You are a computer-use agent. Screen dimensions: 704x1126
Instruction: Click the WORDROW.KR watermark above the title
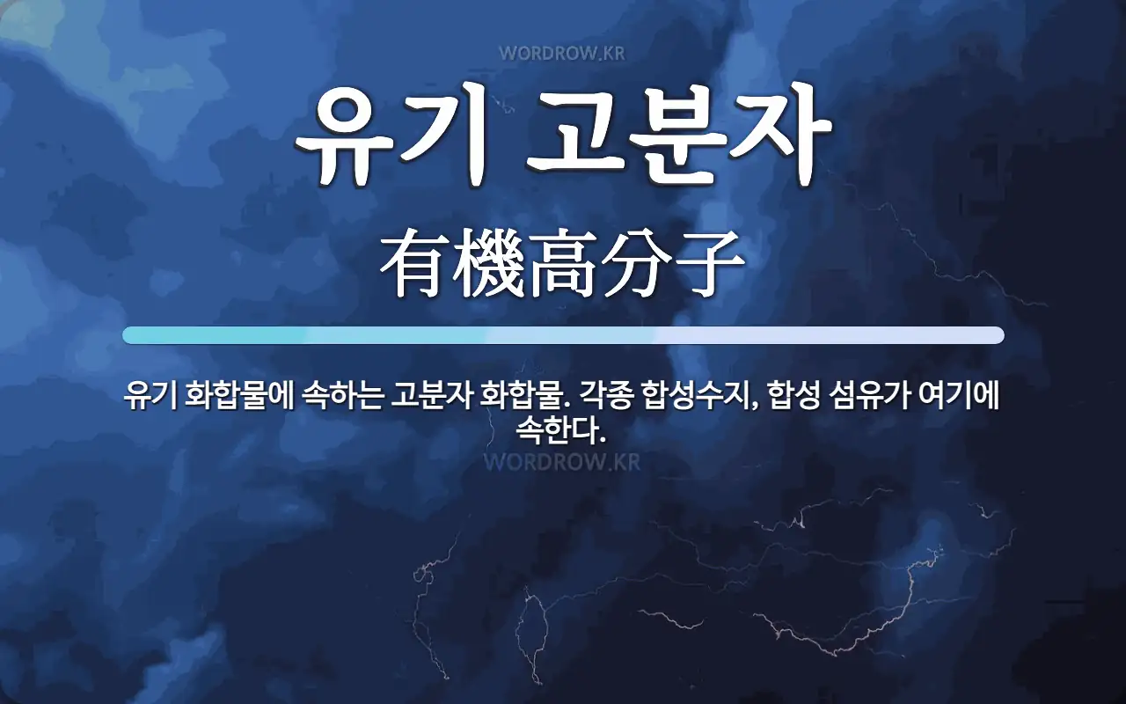(561, 53)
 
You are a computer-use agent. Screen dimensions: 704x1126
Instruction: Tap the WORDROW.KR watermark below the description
(561, 461)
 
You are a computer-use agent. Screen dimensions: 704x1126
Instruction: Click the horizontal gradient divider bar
(563, 335)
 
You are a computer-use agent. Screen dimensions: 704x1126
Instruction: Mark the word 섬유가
(866, 399)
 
